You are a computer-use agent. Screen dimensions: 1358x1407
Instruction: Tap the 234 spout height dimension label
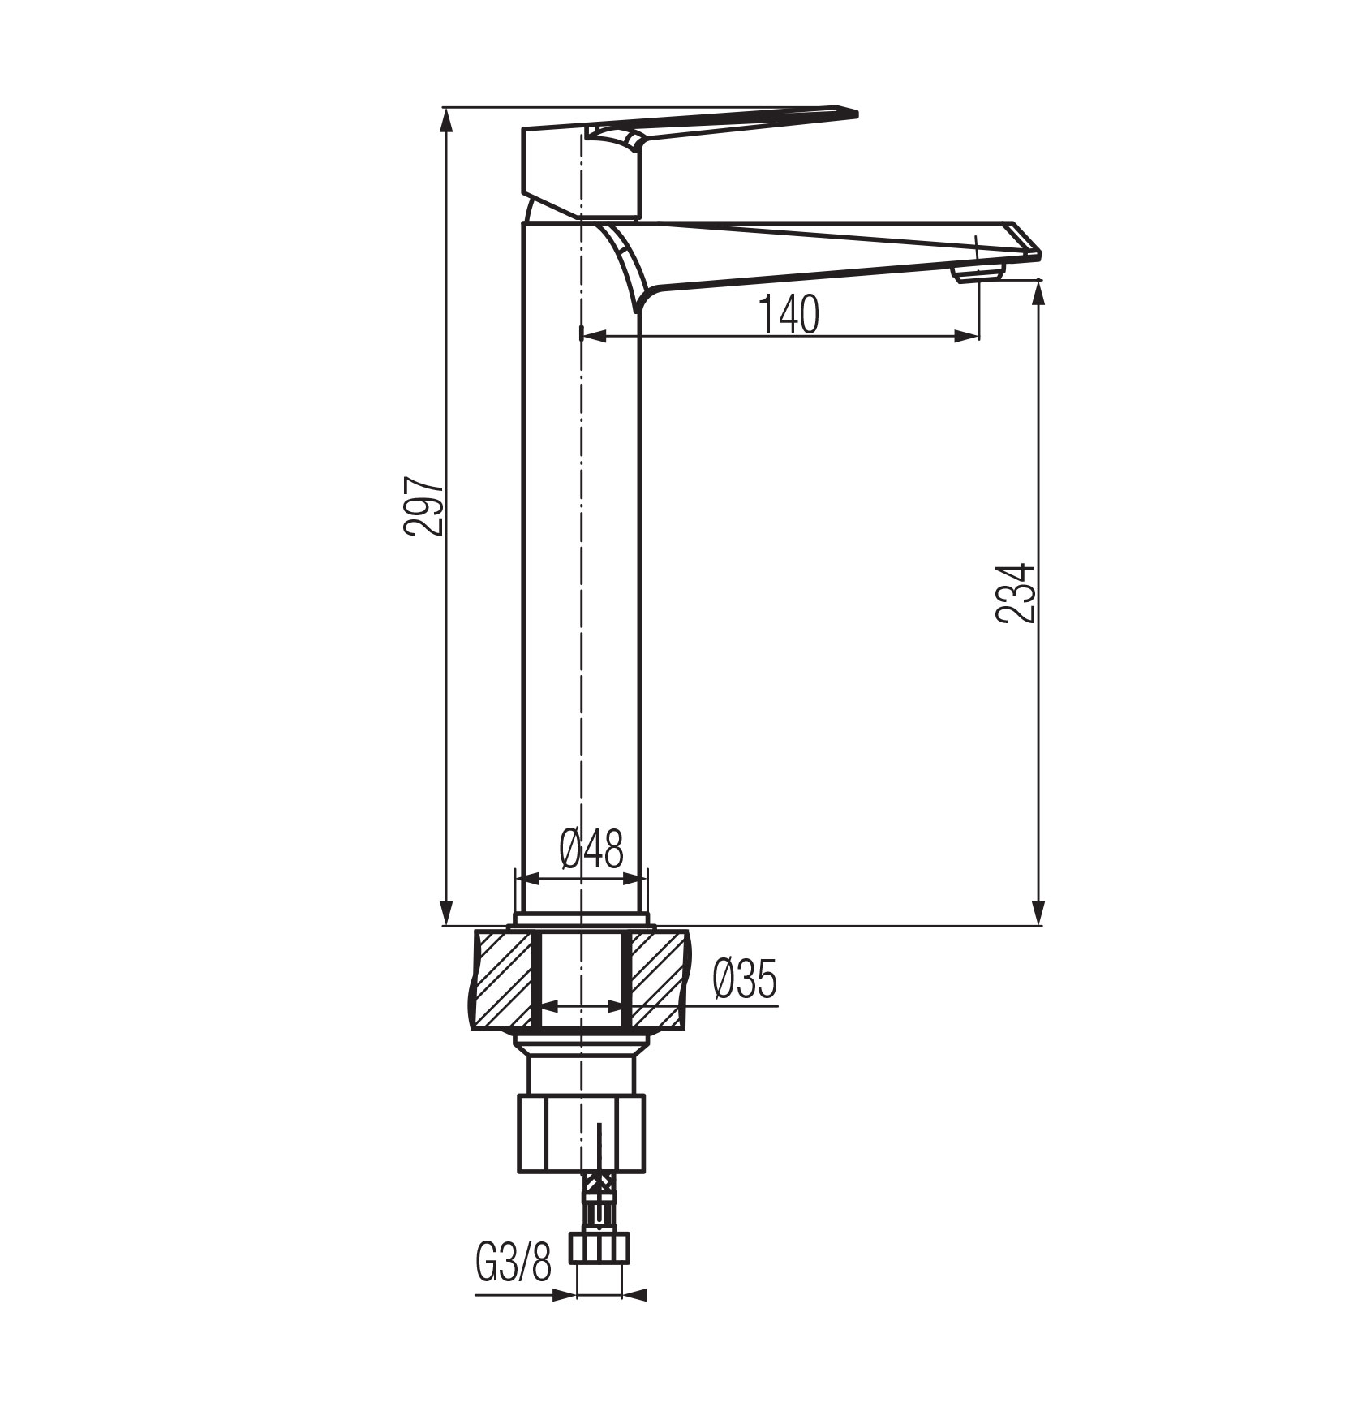1016,592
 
